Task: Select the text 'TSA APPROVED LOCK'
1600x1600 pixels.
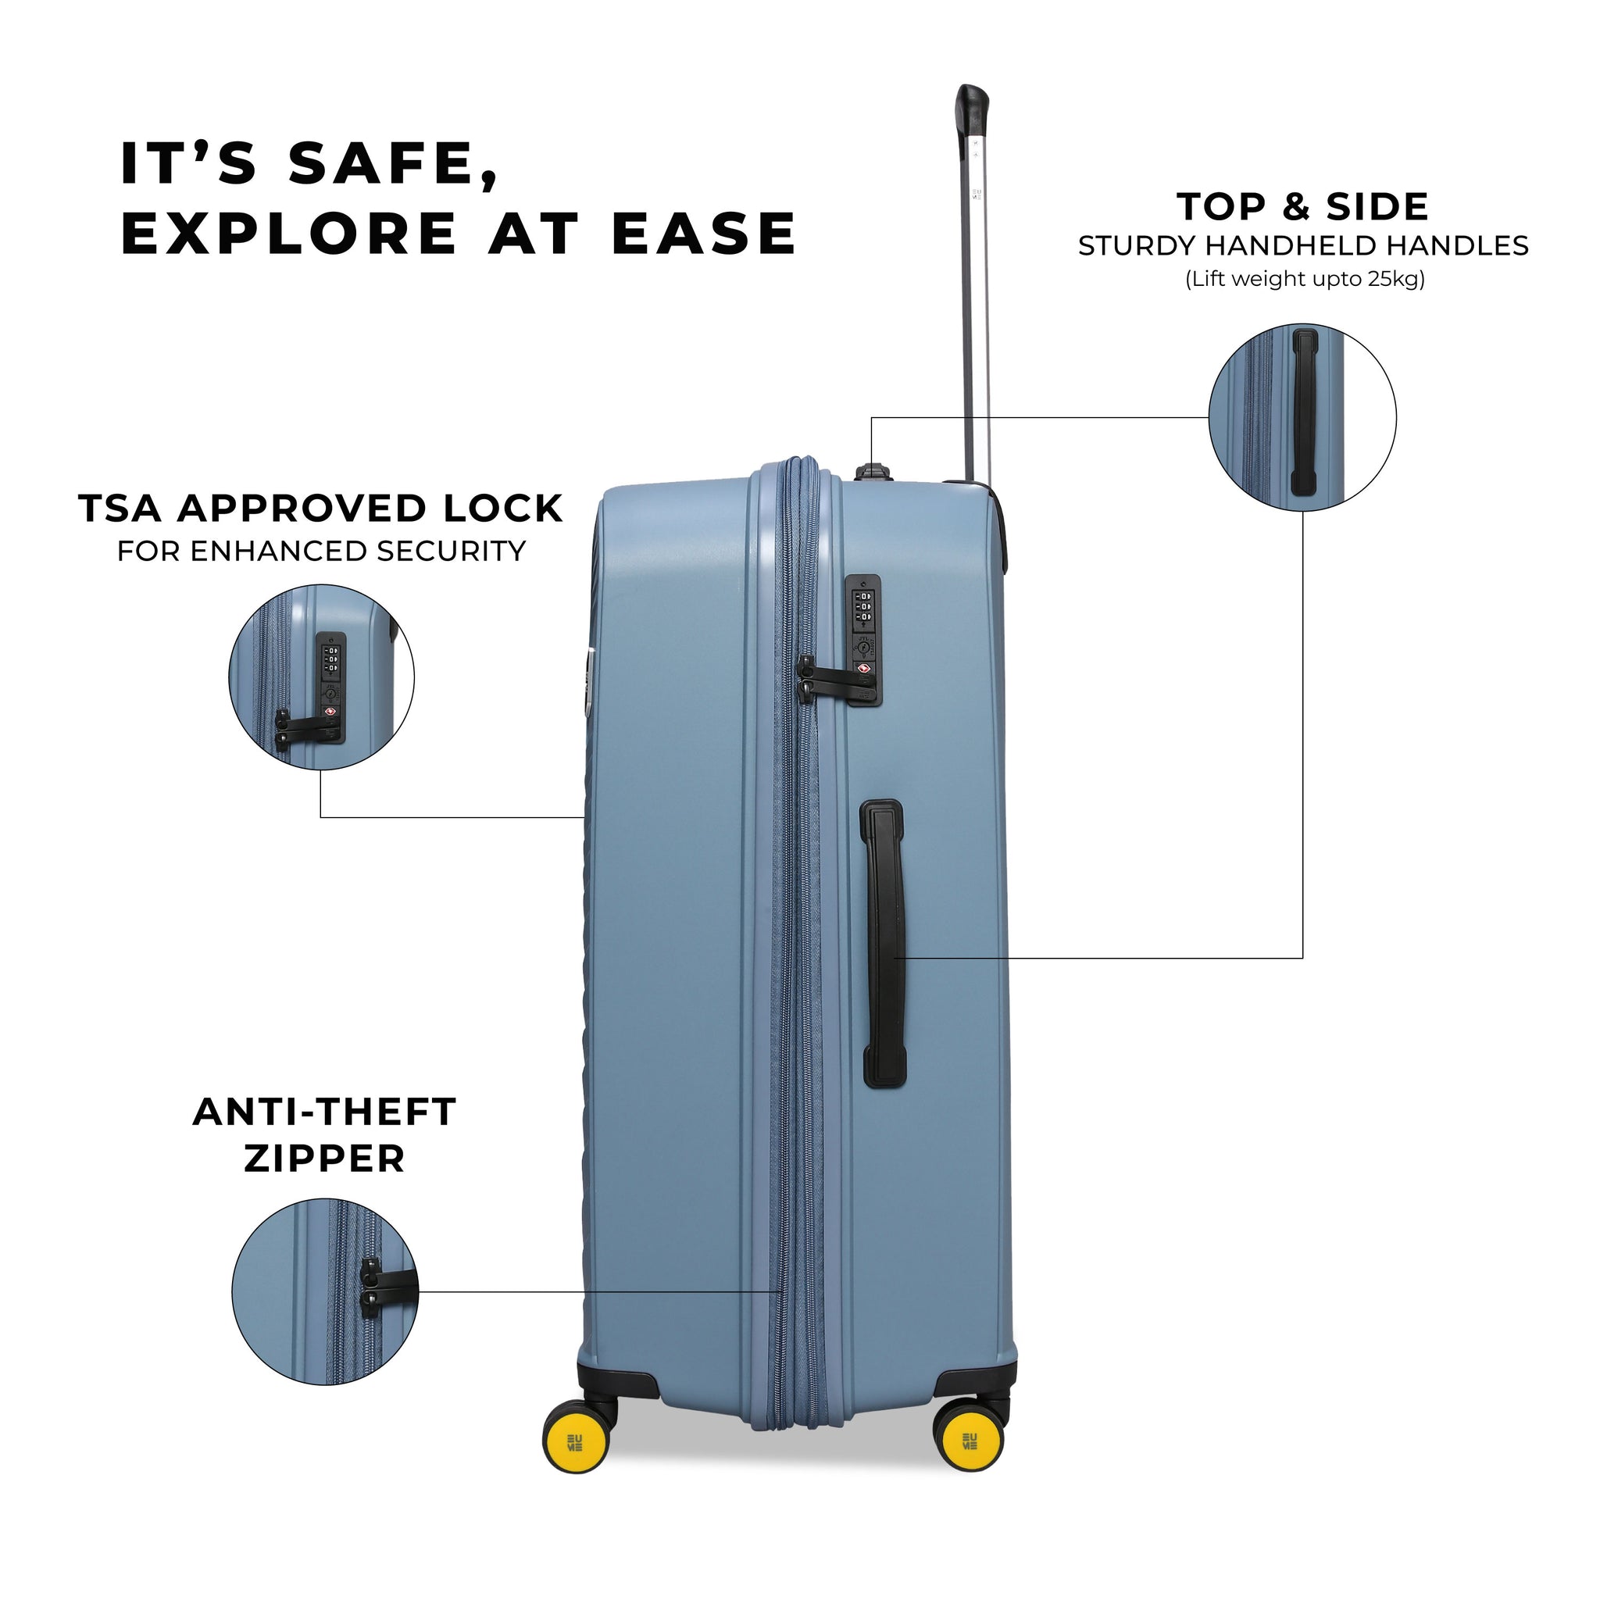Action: [320, 509]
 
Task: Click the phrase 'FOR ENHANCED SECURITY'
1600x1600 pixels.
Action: [321, 552]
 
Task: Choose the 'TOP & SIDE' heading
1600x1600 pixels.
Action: [1302, 206]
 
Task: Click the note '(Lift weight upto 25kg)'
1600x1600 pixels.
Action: [1305, 279]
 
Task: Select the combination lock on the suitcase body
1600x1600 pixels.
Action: [863, 616]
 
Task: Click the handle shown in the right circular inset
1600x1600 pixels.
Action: [1305, 413]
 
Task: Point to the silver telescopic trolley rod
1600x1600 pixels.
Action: [977, 315]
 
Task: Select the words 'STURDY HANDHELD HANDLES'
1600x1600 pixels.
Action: [1302, 246]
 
